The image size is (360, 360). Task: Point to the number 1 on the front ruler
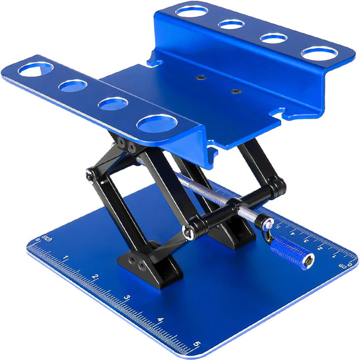[66, 258]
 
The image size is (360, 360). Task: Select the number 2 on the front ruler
[95, 277]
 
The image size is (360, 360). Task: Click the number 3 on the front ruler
[127, 297]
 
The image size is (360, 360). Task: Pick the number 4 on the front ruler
[160, 320]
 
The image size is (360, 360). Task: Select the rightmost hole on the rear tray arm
[319, 54]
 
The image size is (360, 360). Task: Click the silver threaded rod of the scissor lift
[212, 193]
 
